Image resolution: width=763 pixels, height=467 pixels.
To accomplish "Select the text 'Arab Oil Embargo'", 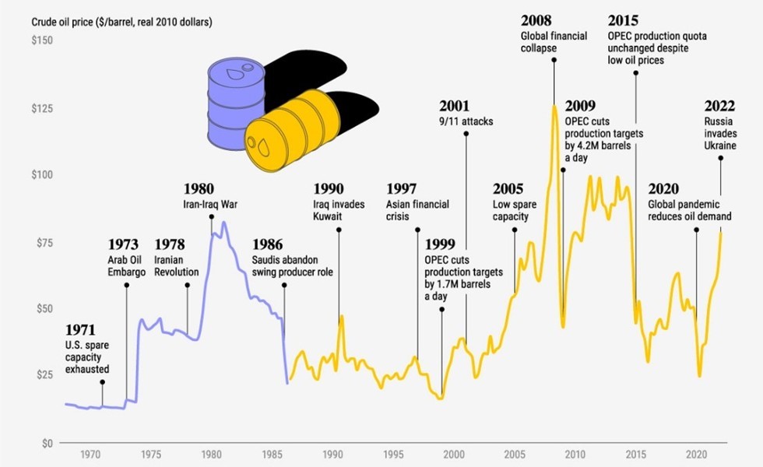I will [126, 266].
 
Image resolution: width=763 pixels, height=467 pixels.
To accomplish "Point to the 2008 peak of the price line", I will [554, 106].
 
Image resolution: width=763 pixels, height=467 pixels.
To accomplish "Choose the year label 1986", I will [267, 244].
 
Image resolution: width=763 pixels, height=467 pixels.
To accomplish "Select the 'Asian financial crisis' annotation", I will [417, 211].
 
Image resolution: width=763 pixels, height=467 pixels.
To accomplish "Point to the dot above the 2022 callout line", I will [721, 159].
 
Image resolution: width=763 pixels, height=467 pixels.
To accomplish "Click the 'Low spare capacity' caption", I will [511, 210].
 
